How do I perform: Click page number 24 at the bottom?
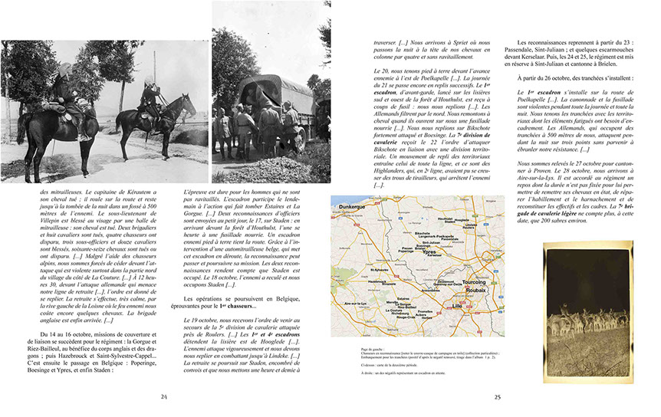tap(164, 396)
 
